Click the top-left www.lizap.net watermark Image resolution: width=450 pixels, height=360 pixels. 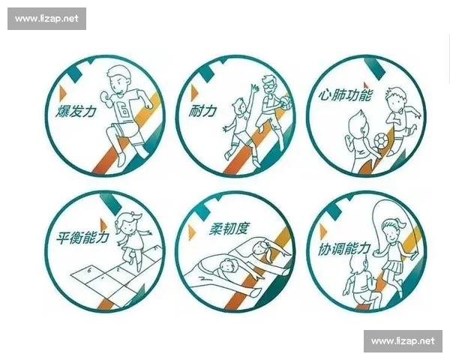point(47,19)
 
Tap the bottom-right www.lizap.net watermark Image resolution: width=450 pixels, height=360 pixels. point(403,341)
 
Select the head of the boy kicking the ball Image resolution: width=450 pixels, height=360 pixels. point(395,98)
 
